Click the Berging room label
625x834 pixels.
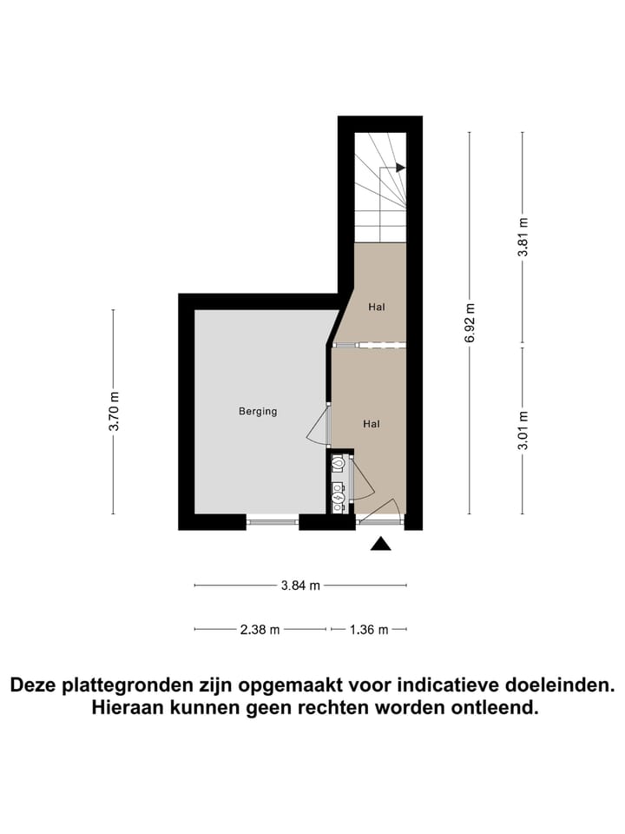coord(258,411)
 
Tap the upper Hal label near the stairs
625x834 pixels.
coord(376,307)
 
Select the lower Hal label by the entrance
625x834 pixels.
coord(372,424)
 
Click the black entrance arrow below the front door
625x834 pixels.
coord(380,545)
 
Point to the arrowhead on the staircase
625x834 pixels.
coord(399,169)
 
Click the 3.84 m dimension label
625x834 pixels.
coord(300,586)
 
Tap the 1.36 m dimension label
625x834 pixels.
coord(369,630)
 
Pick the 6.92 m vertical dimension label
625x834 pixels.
coord(470,322)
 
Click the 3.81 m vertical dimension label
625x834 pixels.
coord(523,236)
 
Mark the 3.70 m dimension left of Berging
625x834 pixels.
coord(114,412)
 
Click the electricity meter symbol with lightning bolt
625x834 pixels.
coord(339,498)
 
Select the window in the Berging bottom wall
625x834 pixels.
coord(273,522)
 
